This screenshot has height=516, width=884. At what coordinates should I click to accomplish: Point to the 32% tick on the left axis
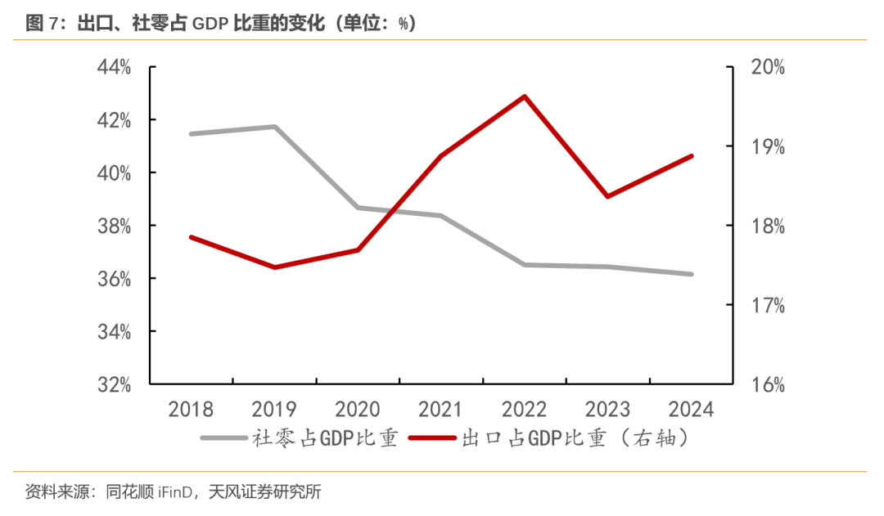point(115,384)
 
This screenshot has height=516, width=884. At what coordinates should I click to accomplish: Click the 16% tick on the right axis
point(767,384)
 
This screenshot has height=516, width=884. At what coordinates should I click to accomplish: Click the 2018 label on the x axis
point(191,409)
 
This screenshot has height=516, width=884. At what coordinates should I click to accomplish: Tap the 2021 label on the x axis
point(441,409)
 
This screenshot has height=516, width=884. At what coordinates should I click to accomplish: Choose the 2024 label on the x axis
point(692,409)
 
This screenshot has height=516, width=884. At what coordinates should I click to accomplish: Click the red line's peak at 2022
point(525,96)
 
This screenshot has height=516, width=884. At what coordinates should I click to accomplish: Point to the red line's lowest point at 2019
point(274,267)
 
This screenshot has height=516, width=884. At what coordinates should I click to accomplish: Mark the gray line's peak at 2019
point(274,127)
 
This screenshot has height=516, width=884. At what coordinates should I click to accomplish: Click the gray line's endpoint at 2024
point(692,274)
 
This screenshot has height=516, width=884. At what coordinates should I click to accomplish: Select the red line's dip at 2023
point(608,196)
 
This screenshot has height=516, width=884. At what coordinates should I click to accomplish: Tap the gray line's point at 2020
point(358,208)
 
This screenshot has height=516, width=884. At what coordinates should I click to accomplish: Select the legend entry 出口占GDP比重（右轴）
point(573,438)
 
